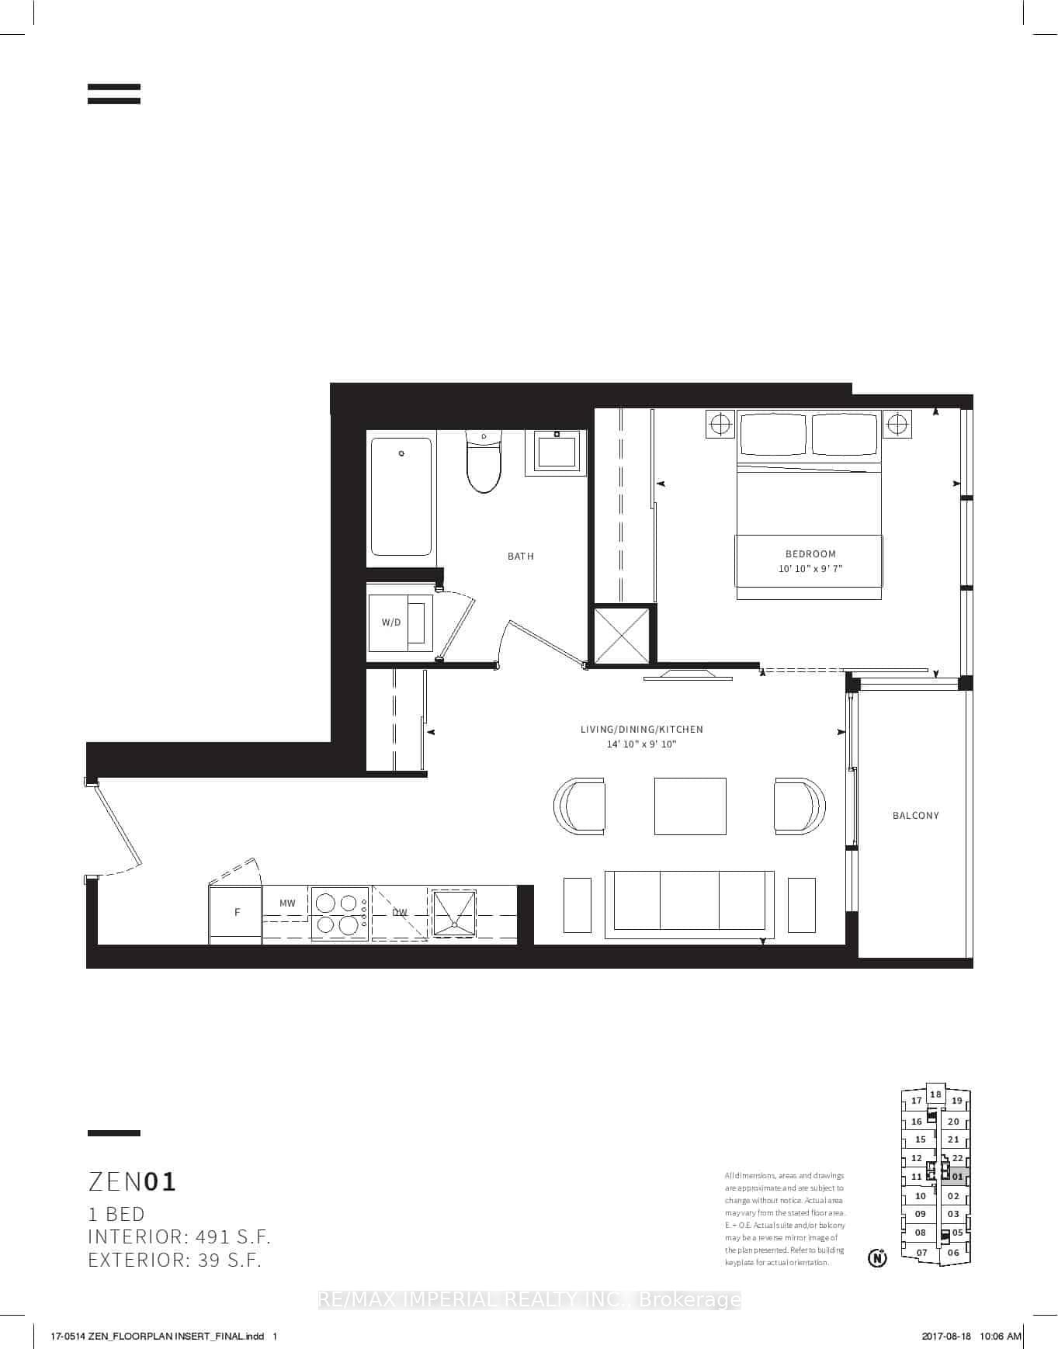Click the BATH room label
pyautogui.click(x=520, y=556)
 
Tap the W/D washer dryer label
pyautogui.click(x=391, y=622)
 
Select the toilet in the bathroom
pyautogui.click(x=484, y=463)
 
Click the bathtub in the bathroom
pyautogui.click(x=401, y=497)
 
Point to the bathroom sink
pyautogui.click(x=557, y=452)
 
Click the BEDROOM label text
pyautogui.click(x=810, y=554)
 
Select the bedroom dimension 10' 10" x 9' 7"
pyautogui.click(x=810, y=569)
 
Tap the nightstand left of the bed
pyautogui.click(x=720, y=424)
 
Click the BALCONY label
pyautogui.click(x=915, y=816)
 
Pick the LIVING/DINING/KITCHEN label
pyautogui.click(x=642, y=730)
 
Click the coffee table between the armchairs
pyautogui.click(x=690, y=806)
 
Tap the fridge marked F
pyautogui.click(x=236, y=913)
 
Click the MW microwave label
pyautogui.click(x=287, y=903)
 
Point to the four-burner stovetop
pyautogui.click(x=340, y=914)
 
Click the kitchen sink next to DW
pyautogui.click(x=454, y=913)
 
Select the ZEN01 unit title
pyautogui.click(x=133, y=1182)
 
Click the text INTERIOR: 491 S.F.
pyautogui.click(x=179, y=1237)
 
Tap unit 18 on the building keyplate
pyautogui.click(x=935, y=1094)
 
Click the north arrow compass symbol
pyautogui.click(x=877, y=1257)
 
